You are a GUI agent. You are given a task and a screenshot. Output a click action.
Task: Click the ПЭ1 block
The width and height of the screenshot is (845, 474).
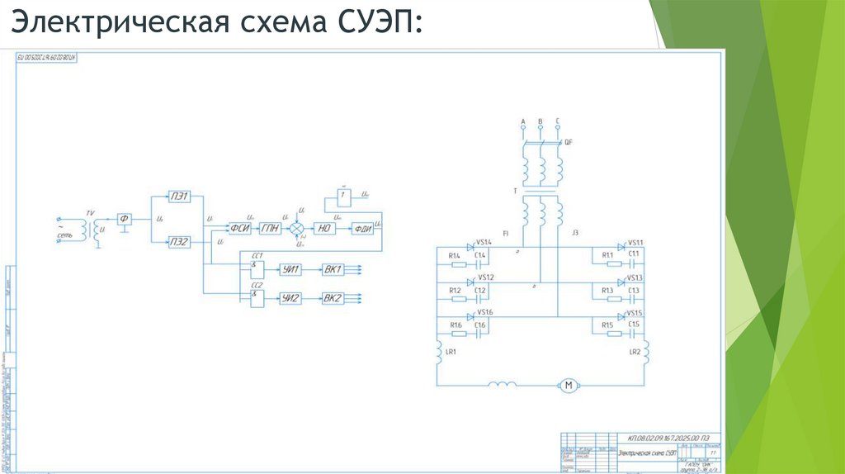pos(179,197)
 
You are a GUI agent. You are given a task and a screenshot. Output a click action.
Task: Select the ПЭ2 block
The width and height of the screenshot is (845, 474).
pos(179,241)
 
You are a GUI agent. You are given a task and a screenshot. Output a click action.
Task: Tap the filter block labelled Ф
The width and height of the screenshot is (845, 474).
pos(125,218)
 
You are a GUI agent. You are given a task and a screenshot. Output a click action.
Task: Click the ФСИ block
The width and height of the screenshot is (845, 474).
pos(240,229)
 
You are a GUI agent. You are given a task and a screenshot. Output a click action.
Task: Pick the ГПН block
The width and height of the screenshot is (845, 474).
pos(271,229)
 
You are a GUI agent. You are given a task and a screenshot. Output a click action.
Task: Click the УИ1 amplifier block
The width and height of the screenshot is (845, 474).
pos(290,269)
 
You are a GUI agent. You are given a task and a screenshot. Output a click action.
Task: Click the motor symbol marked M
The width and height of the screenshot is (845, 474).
pos(567,385)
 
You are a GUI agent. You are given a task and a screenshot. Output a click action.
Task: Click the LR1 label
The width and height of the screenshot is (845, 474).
pos(451,352)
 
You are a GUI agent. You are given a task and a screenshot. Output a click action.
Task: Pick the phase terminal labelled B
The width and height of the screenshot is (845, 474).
pos(541,122)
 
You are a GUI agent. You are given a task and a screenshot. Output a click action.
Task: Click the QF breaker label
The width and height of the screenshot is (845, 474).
pos(569,142)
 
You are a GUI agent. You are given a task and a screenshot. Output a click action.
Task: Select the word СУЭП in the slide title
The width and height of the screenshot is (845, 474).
pos(379,23)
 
